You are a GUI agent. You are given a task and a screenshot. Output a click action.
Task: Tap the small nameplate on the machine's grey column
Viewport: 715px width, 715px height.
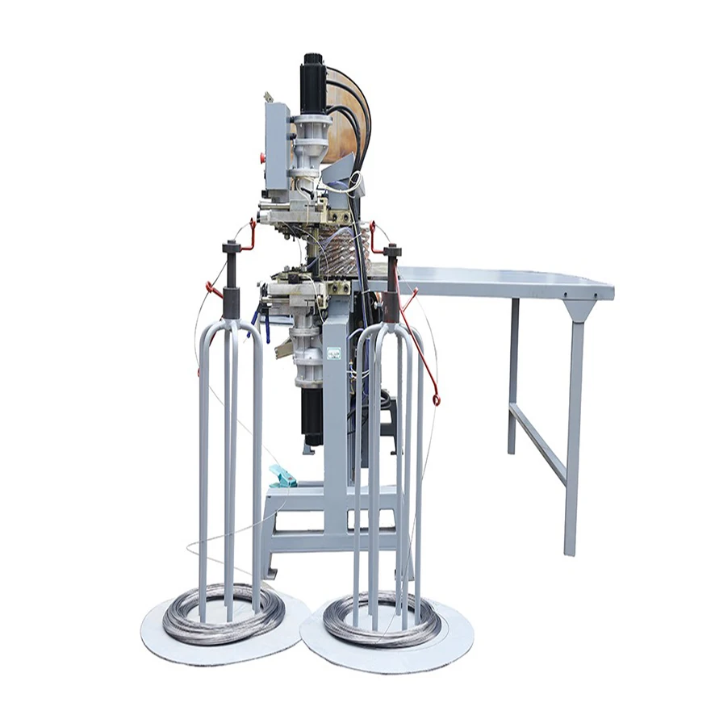332,353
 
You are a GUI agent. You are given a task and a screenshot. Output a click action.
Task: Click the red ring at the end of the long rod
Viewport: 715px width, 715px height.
436,399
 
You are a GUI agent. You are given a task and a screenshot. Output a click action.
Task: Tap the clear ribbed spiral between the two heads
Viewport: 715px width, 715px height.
347,246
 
